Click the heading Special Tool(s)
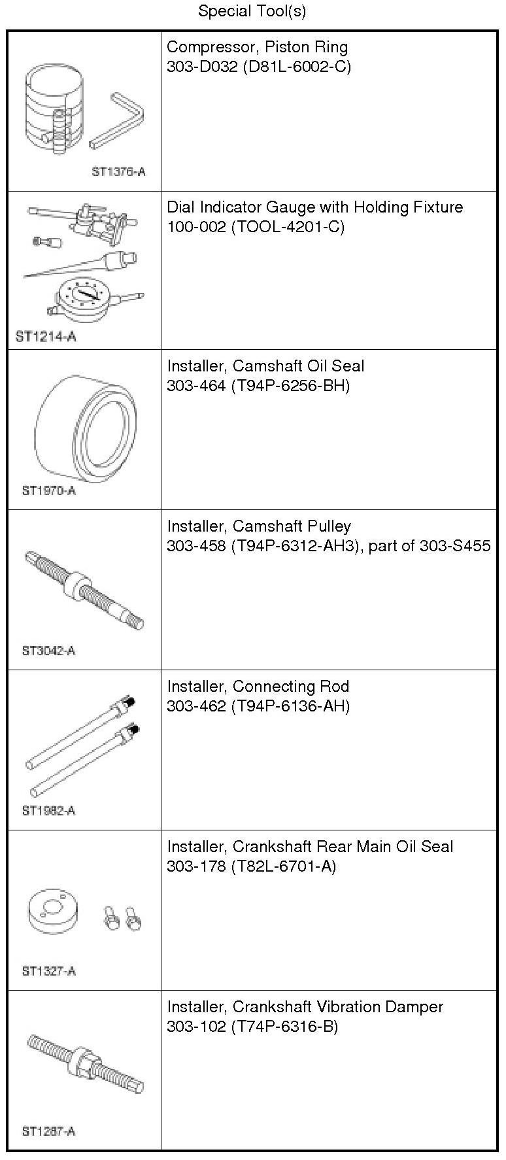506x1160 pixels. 252,11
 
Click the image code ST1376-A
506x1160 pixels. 118,172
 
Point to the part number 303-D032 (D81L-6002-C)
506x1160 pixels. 258,67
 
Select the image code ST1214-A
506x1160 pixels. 46,337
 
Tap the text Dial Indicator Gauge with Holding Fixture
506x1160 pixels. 314,207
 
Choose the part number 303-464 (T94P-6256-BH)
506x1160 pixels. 258,386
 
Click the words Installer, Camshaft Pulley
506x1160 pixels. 259,526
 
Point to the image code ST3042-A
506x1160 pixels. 48,651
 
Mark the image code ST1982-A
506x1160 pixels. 48,811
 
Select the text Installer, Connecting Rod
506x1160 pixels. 258,687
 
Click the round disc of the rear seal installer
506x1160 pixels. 53,912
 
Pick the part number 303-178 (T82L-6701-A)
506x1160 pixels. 252,866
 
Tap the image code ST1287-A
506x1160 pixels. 48,1131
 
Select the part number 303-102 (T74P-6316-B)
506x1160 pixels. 252,1027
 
